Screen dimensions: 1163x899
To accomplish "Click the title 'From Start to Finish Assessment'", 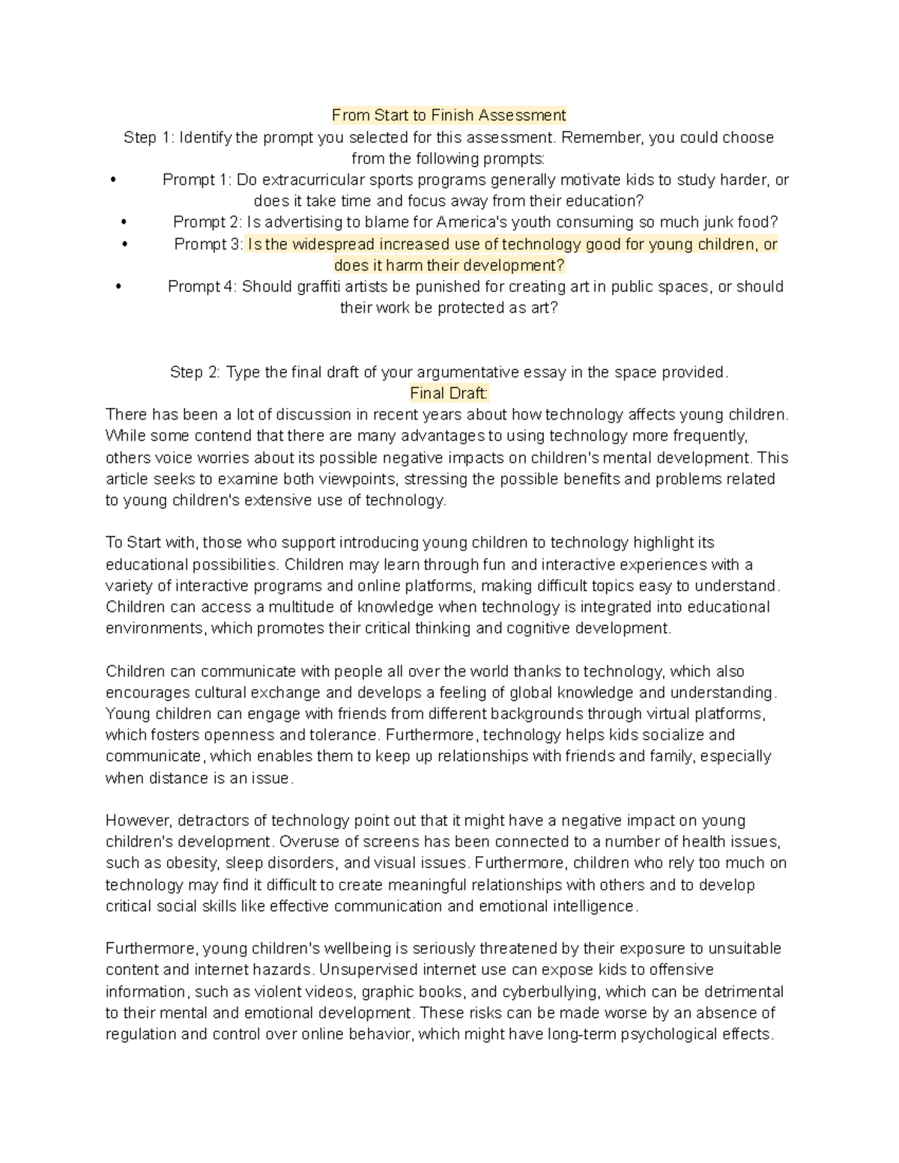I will click(449, 115).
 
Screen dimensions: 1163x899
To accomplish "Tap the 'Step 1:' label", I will click(149, 138).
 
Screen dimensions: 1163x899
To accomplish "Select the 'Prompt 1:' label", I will click(197, 180).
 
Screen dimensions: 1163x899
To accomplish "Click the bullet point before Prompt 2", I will click(124, 222).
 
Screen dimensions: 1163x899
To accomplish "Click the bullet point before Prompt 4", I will click(118, 287).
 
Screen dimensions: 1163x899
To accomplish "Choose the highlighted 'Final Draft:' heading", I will click(449, 394).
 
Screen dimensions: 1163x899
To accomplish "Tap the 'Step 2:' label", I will click(195, 373).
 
